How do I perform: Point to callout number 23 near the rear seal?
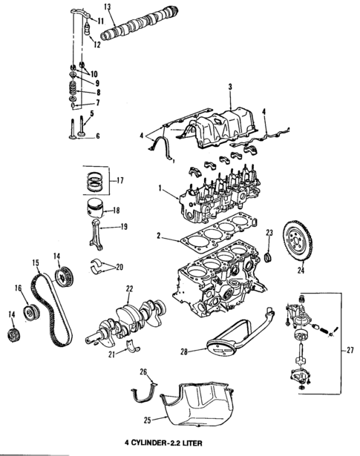click(x=270, y=233)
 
